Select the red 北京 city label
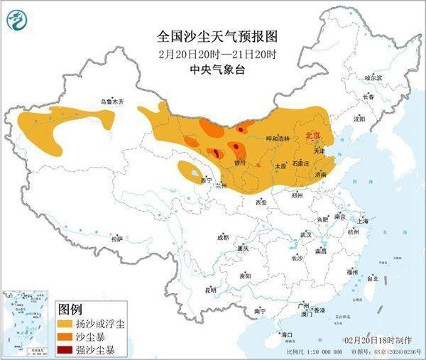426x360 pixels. pyautogui.click(x=312, y=134)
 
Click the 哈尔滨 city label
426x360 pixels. pyautogui.click(x=373, y=77)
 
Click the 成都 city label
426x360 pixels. pyautogui.click(x=223, y=237)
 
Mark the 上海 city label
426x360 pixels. pyautogui.click(x=367, y=221)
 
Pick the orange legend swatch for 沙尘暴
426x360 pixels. pyautogui.click(x=69, y=336)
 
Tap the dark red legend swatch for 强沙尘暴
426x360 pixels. pyautogui.click(x=69, y=349)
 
